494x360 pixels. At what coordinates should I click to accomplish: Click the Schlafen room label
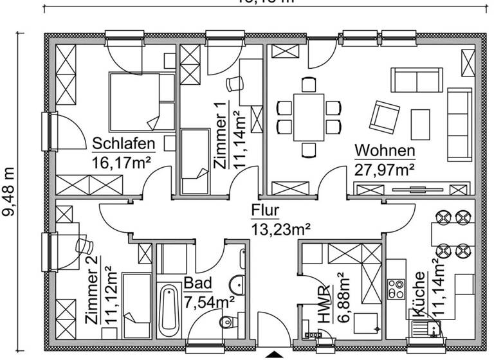[124, 142]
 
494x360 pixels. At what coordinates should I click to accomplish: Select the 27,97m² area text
[384, 170]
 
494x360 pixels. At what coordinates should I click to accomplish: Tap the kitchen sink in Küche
[426, 325]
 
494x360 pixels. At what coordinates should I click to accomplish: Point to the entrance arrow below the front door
[275, 354]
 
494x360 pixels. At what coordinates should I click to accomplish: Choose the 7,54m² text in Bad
[209, 301]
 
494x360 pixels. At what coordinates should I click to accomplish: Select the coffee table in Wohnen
[421, 124]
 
